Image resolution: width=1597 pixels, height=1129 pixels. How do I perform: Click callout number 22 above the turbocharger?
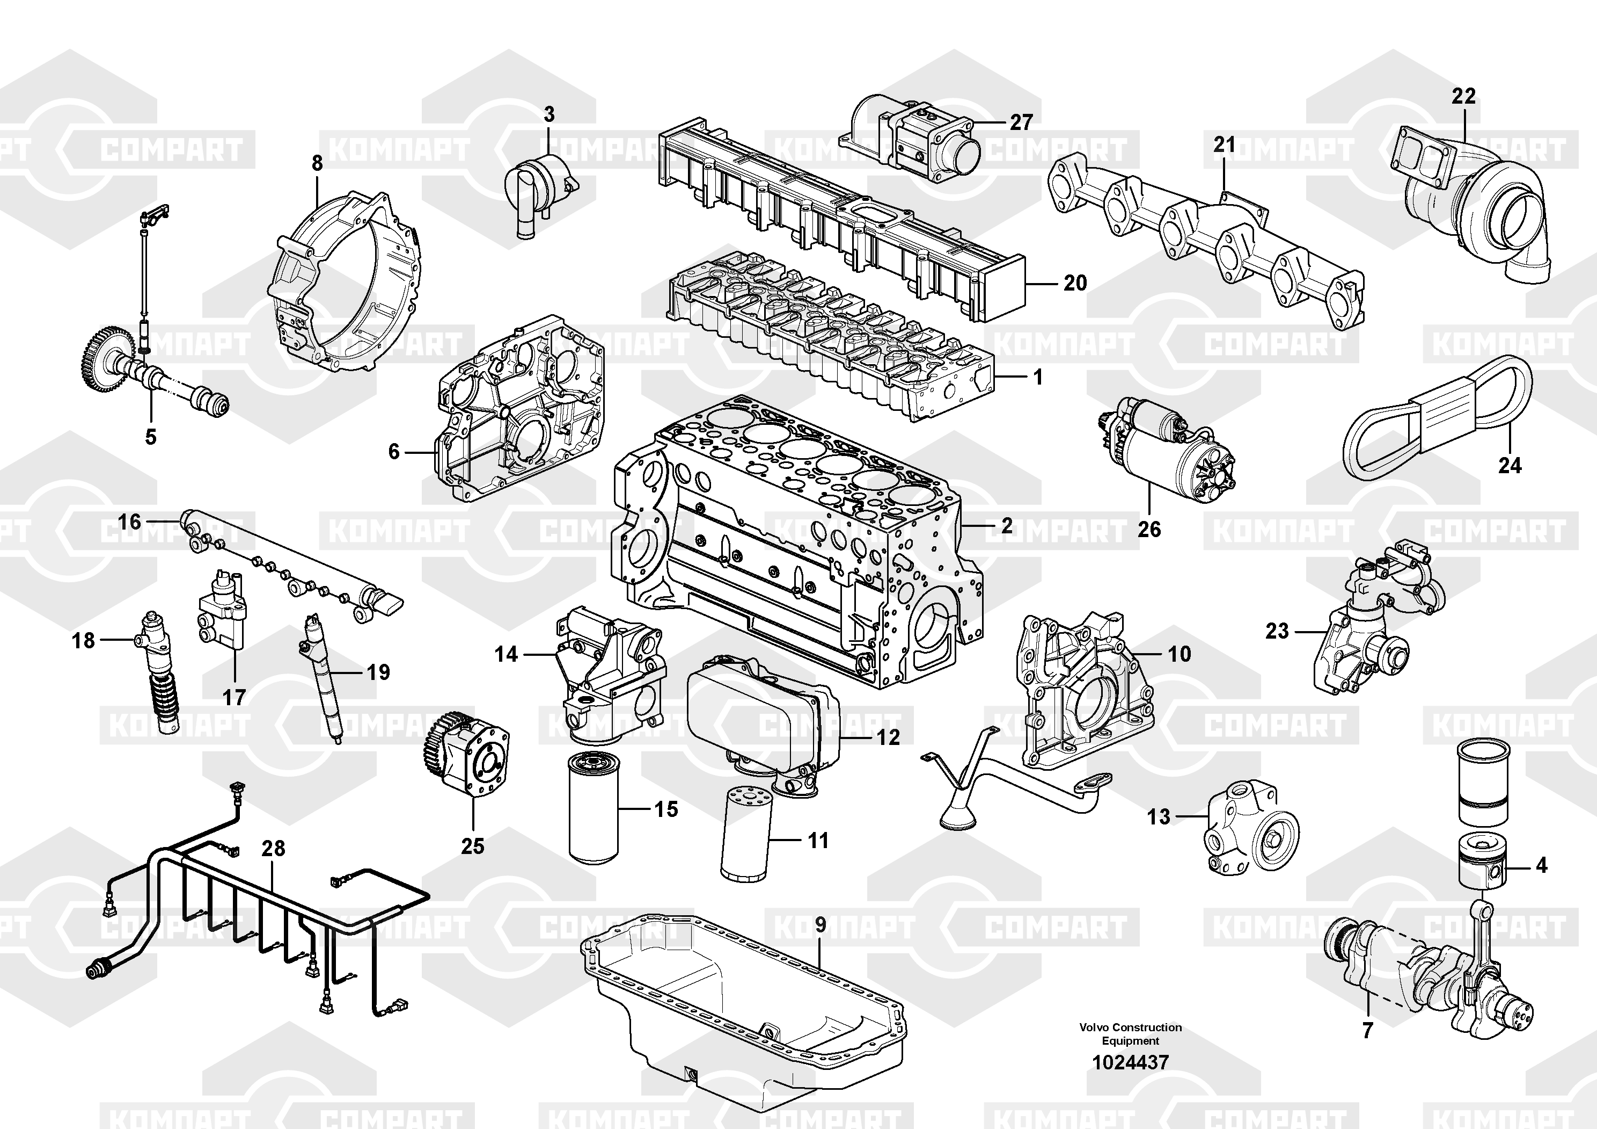(x=1463, y=96)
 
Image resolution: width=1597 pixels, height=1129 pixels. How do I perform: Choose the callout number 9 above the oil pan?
(x=821, y=925)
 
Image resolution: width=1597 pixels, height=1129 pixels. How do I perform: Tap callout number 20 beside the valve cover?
(x=1075, y=283)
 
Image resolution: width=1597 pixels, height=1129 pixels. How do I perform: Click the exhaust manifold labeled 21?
(x=1203, y=244)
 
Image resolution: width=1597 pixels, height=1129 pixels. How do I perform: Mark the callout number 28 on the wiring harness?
(x=273, y=849)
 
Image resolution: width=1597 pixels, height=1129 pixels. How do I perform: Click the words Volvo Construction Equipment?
(x=1130, y=1033)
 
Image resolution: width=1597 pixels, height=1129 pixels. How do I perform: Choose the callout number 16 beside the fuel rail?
(x=129, y=522)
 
